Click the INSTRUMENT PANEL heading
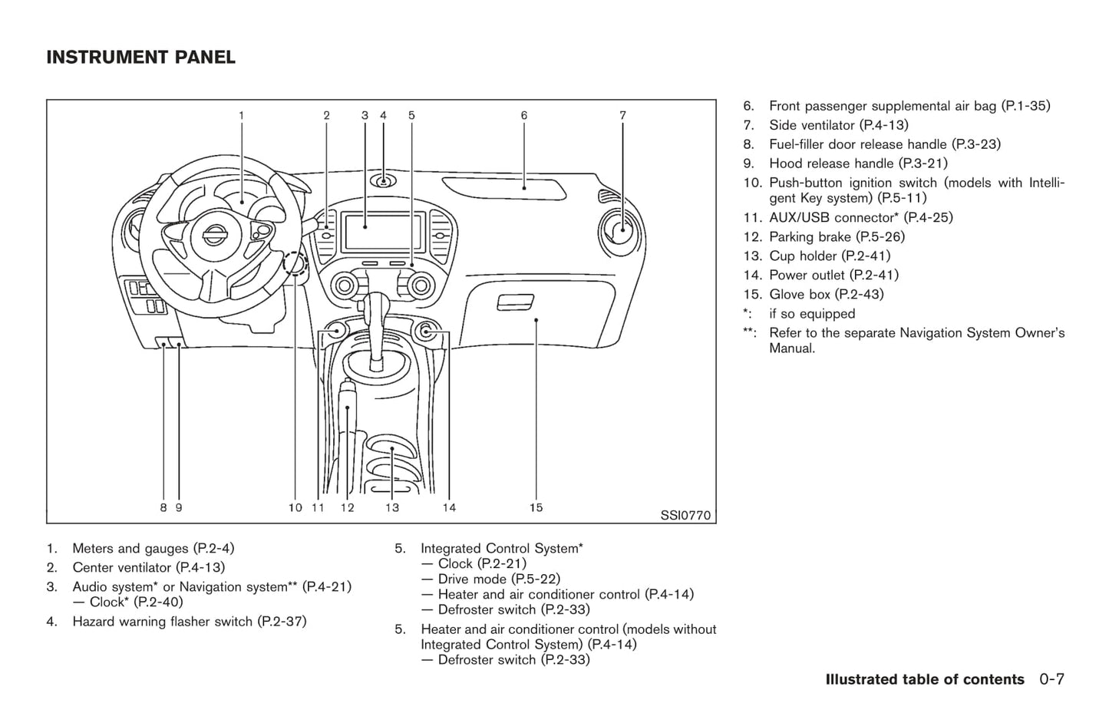click(x=140, y=58)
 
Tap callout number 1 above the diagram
click(x=241, y=116)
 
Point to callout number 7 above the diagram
click(x=622, y=116)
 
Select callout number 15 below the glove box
click(x=536, y=507)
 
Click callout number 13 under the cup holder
click(x=392, y=507)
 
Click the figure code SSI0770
click(x=685, y=516)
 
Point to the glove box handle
click(x=516, y=303)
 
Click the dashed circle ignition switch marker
click(x=295, y=265)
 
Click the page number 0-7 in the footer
click(x=1052, y=680)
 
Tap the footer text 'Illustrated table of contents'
click(x=925, y=680)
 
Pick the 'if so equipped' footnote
click(x=812, y=314)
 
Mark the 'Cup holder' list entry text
click(x=803, y=256)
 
